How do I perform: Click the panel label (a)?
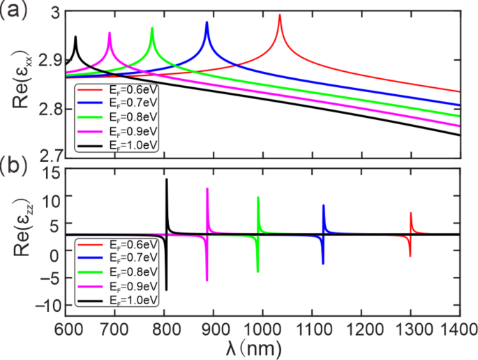tap(14, 11)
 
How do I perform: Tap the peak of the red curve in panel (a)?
tap(280, 15)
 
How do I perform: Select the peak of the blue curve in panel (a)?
tap(207, 23)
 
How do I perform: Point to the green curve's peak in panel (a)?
tap(152, 29)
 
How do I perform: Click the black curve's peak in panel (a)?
tap(75, 37)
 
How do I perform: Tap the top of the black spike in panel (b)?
tap(166, 180)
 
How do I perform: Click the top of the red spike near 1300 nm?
tap(410, 213)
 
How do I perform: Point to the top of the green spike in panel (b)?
tap(258, 197)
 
